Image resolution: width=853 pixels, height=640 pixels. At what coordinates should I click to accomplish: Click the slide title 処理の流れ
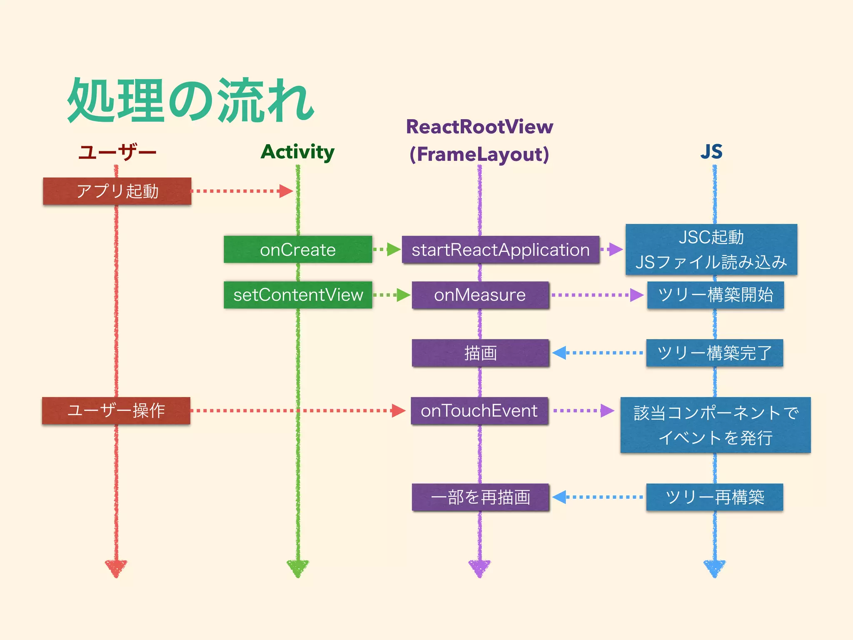[191, 101]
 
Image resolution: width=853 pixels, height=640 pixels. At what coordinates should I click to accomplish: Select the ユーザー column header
[117, 152]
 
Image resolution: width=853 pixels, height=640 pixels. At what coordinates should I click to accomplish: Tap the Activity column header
[297, 152]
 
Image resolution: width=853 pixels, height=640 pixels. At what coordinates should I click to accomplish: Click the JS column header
[711, 152]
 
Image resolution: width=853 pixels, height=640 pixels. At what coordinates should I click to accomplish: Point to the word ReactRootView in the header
[479, 127]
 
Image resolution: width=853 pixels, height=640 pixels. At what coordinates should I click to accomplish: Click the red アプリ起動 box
[117, 191]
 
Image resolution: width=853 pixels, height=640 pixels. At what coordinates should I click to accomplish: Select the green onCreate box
[298, 250]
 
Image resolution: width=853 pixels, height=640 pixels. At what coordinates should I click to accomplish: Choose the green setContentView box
[298, 295]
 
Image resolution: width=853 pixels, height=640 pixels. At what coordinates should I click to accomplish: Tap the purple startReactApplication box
[500, 250]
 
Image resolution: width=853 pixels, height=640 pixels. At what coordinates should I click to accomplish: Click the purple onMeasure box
[480, 295]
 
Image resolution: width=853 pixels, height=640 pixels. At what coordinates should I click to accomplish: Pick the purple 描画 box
[480, 353]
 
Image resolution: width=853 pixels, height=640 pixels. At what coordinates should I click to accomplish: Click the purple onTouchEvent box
[479, 411]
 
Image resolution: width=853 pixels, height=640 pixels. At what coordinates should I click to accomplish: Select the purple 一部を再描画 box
[480, 497]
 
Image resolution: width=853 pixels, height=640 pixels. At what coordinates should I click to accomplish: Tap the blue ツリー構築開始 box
[715, 295]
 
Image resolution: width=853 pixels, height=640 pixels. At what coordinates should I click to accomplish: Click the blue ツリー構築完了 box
[714, 353]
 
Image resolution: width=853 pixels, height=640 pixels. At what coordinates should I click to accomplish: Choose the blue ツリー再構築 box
[714, 497]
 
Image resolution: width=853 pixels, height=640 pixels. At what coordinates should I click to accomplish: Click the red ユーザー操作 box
[116, 411]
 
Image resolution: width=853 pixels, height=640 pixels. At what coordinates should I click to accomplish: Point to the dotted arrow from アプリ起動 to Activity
[242, 191]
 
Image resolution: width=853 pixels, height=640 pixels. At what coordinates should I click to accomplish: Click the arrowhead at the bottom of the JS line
[714, 568]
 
